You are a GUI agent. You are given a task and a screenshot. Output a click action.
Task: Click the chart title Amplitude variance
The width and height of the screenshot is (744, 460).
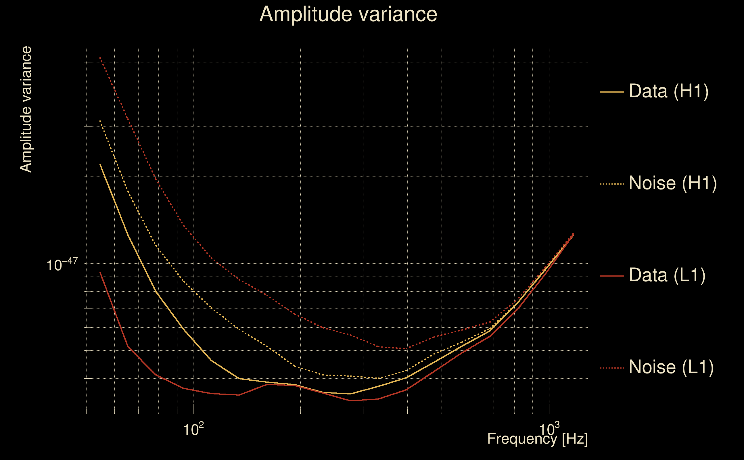348,14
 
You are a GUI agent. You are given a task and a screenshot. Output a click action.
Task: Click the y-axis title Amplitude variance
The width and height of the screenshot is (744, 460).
26,110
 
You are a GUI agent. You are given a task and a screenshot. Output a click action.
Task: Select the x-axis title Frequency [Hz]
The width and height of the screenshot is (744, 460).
538,439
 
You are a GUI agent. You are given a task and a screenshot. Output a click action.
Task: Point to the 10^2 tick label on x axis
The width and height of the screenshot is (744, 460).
193,429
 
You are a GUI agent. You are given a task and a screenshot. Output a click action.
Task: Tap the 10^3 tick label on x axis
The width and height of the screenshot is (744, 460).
549,429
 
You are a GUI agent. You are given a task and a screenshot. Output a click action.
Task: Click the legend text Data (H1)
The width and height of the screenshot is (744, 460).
669,91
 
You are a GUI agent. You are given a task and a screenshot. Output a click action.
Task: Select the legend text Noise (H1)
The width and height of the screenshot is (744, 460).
673,183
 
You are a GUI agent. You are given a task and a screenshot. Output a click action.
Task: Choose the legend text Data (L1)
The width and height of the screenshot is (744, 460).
667,275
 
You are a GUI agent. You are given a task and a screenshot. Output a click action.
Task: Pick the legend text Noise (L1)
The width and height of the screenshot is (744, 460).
671,367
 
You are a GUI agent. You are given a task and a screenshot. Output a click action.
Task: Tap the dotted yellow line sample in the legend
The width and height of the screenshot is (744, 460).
612,184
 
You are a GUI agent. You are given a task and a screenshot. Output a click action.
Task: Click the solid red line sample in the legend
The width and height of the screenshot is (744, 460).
612,276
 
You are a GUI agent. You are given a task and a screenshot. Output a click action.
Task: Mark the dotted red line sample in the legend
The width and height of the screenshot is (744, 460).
612,368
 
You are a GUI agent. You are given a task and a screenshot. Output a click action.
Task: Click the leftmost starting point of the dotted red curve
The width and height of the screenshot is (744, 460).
100,57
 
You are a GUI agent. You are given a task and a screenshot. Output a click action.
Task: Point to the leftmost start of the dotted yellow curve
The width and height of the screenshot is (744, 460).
100,121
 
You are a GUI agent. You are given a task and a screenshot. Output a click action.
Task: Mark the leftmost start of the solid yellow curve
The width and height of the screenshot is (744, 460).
100,164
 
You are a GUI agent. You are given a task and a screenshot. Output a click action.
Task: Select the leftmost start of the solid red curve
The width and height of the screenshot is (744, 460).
100,272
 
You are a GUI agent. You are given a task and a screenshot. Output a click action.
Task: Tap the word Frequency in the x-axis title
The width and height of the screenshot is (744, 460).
522,439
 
